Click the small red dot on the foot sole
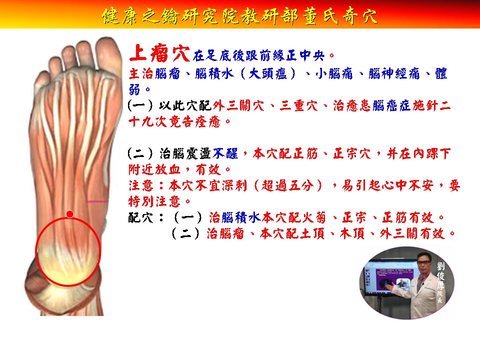pyautogui.click(x=70, y=214)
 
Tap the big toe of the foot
pyautogui.click(x=108, y=55)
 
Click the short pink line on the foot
pyautogui.click(x=97, y=201)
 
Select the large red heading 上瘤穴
pyautogui.click(x=159, y=53)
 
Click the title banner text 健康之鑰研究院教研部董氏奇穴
pyautogui.click(x=240, y=15)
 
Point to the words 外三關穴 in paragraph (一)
pyautogui.click(x=238, y=106)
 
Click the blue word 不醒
pyautogui.click(x=225, y=153)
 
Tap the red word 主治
pyautogui.click(x=141, y=74)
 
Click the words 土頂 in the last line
pyautogui.click(x=312, y=234)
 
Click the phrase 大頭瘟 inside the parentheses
pyautogui.click(x=268, y=74)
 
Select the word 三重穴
pyautogui.click(x=298, y=106)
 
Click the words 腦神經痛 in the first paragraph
pyautogui.click(x=394, y=74)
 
